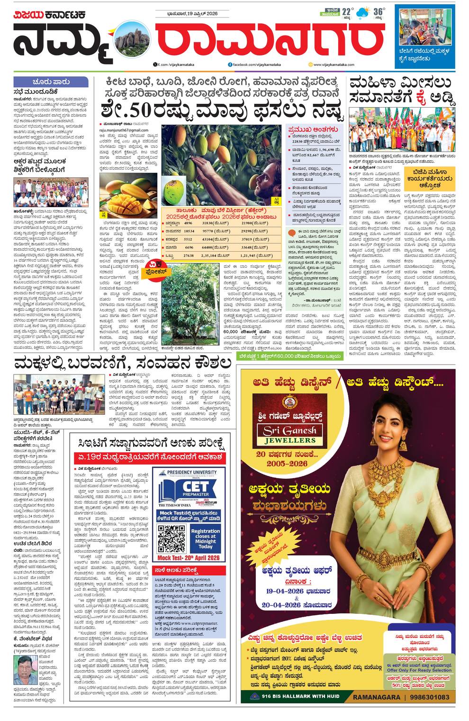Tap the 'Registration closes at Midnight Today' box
pyautogui.click(x=205, y=538)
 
